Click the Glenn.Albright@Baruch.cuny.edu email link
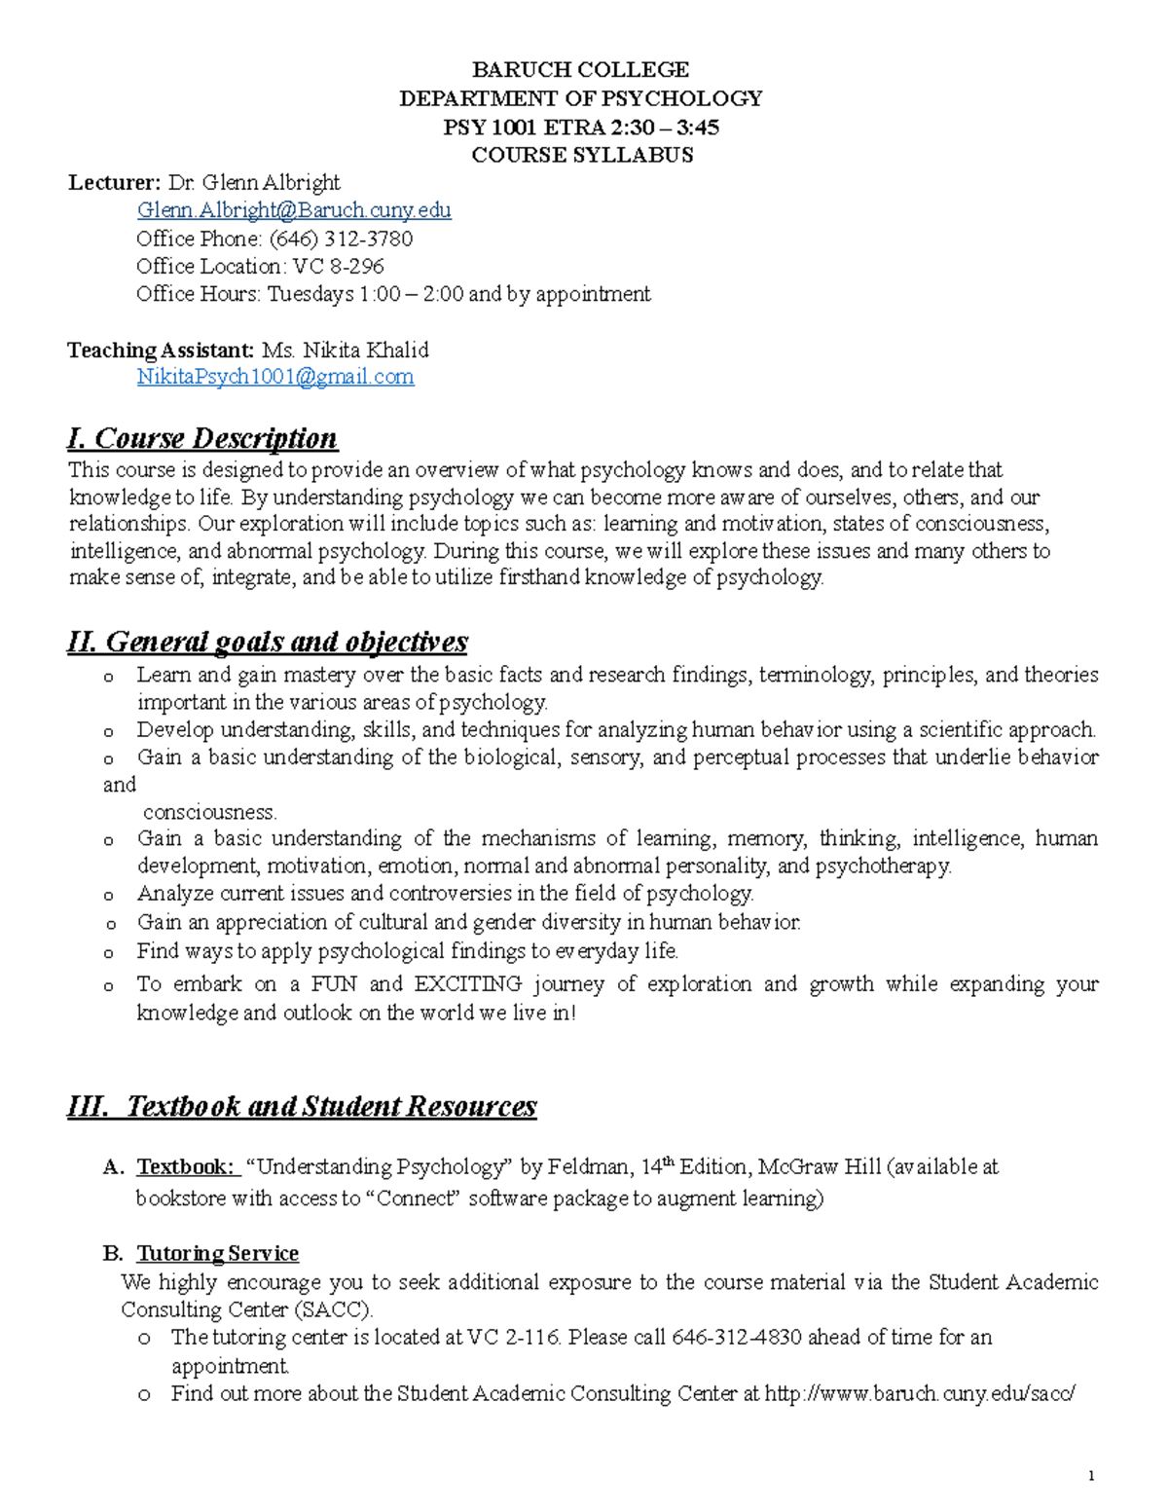tap(294, 210)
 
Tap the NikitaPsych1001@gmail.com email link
tap(275, 377)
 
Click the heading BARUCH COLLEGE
tap(580, 70)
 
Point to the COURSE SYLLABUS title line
tap(582, 155)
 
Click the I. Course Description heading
tap(202, 438)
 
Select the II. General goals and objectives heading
tap(268, 642)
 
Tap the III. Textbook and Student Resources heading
tap(302, 1106)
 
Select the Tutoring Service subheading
tap(217, 1253)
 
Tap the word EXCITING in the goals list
tap(468, 983)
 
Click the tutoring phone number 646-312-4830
tap(737, 1337)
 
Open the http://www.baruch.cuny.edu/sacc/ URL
tap(920, 1393)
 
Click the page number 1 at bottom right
tap(1092, 1476)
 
